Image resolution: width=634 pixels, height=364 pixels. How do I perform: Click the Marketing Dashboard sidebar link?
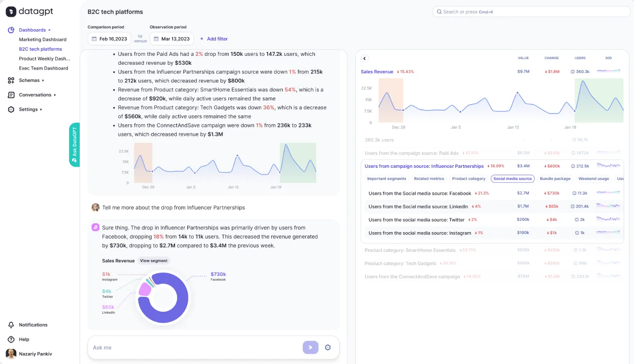point(42,40)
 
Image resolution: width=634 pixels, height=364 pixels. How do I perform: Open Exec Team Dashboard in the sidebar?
point(43,68)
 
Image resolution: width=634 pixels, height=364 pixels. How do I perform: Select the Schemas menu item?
point(29,80)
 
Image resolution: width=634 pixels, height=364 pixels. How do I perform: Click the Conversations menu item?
point(35,95)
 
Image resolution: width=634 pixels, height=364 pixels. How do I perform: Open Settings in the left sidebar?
point(28,110)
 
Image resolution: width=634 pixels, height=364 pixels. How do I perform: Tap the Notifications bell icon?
point(11,325)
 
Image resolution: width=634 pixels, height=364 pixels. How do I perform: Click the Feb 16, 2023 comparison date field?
point(109,39)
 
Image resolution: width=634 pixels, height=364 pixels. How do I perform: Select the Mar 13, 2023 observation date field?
point(171,39)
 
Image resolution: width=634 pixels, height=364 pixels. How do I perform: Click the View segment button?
point(154,261)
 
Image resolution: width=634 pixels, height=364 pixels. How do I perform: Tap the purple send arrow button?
point(311,347)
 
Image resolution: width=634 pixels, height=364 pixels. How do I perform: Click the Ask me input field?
point(194,347)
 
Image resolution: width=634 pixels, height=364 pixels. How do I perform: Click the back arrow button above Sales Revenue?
point(365,58)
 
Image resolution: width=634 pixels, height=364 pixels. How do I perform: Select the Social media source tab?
point(512,179)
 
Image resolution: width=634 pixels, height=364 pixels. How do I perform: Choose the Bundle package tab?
point(555,179)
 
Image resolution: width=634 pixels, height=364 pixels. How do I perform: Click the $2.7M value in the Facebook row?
point(523,193)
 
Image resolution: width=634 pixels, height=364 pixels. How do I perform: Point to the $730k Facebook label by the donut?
point(218,275)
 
